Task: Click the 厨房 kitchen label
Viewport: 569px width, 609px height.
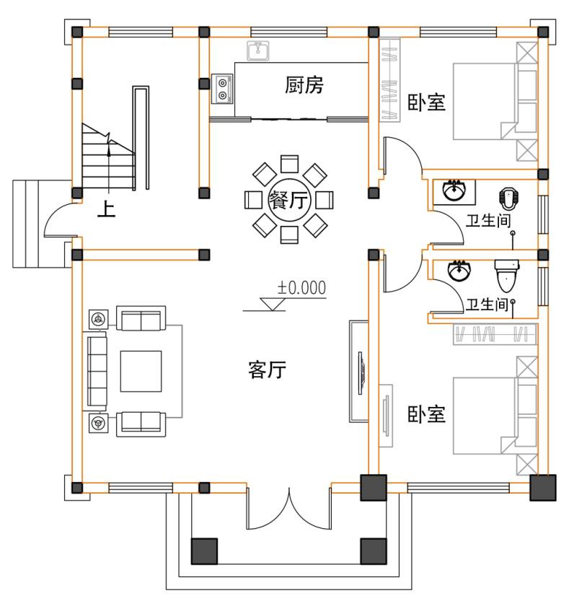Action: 304,84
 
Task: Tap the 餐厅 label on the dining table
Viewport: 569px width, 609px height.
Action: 288,201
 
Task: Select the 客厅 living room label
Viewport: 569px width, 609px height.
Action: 267,369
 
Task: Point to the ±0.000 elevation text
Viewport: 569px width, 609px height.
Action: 301,288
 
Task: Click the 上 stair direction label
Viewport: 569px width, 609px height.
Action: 106,209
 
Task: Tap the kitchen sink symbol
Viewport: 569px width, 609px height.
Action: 258,51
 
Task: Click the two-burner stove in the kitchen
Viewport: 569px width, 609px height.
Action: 222,89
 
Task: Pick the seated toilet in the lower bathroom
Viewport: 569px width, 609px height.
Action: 506,276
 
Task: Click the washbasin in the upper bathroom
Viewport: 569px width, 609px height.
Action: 454,191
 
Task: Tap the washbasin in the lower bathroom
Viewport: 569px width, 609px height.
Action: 459,271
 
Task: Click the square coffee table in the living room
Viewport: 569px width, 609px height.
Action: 141,372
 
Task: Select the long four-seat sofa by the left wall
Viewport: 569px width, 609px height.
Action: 97,372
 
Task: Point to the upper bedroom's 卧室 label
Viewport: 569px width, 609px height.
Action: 426,102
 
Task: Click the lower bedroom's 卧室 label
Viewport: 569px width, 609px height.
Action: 426,414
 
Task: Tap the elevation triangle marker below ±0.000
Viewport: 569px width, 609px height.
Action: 273,304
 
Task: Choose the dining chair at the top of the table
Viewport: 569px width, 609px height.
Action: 289,164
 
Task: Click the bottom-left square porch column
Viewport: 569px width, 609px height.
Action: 204,551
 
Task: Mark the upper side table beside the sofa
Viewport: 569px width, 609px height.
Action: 99,319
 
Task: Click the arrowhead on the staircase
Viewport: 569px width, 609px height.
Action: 109,152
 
